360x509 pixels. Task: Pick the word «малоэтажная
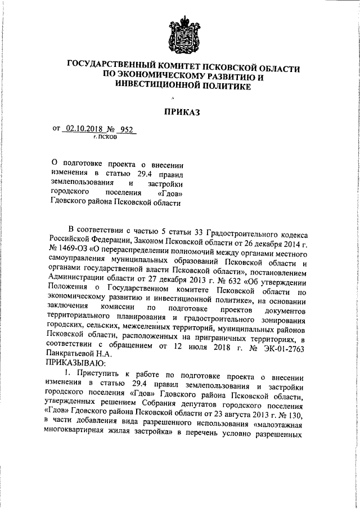point(280,425)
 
